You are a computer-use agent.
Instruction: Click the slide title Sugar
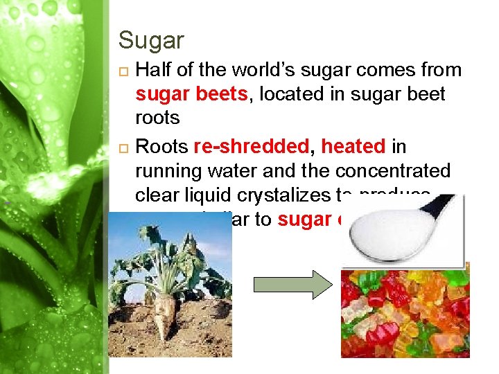150,40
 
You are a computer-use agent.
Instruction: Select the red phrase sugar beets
191,94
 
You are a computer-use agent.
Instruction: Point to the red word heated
353,147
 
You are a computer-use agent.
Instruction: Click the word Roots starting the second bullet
162,147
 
